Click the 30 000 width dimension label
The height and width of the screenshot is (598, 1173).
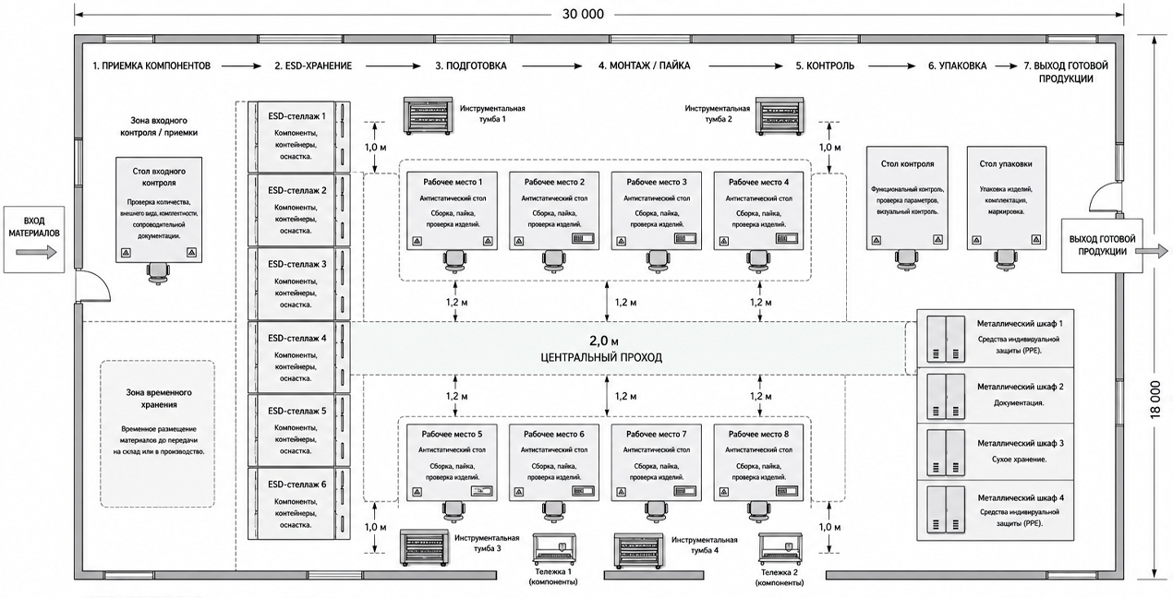click(583, 14)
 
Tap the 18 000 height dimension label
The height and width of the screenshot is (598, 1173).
click(1155, 400)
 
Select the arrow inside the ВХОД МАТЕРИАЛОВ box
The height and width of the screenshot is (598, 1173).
click(36, 252)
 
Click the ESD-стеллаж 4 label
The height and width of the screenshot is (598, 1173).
click(296, 338)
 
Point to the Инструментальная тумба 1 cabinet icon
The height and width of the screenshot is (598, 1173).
click(428, 115)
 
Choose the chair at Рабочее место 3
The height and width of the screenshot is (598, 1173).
click(658, 261)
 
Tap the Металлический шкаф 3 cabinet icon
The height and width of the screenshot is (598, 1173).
click(946, 452)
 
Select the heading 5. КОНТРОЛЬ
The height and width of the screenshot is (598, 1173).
click(825, 66)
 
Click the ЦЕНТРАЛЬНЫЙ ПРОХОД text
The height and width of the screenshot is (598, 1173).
click(601, 357)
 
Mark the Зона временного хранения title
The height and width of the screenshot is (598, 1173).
click(159, 398)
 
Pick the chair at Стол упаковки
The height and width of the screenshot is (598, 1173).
click(1006, 259)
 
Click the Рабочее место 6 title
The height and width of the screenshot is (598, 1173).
click(554, 434)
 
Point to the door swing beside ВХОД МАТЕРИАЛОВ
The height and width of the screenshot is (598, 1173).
click(94, 286)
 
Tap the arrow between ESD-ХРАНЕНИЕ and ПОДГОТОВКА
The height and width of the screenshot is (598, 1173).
click(393, 66)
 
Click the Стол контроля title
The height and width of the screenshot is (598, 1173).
click(908, 163)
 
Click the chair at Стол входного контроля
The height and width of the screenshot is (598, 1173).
click(158, 273)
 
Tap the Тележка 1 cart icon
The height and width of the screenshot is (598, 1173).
click(554, 549)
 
